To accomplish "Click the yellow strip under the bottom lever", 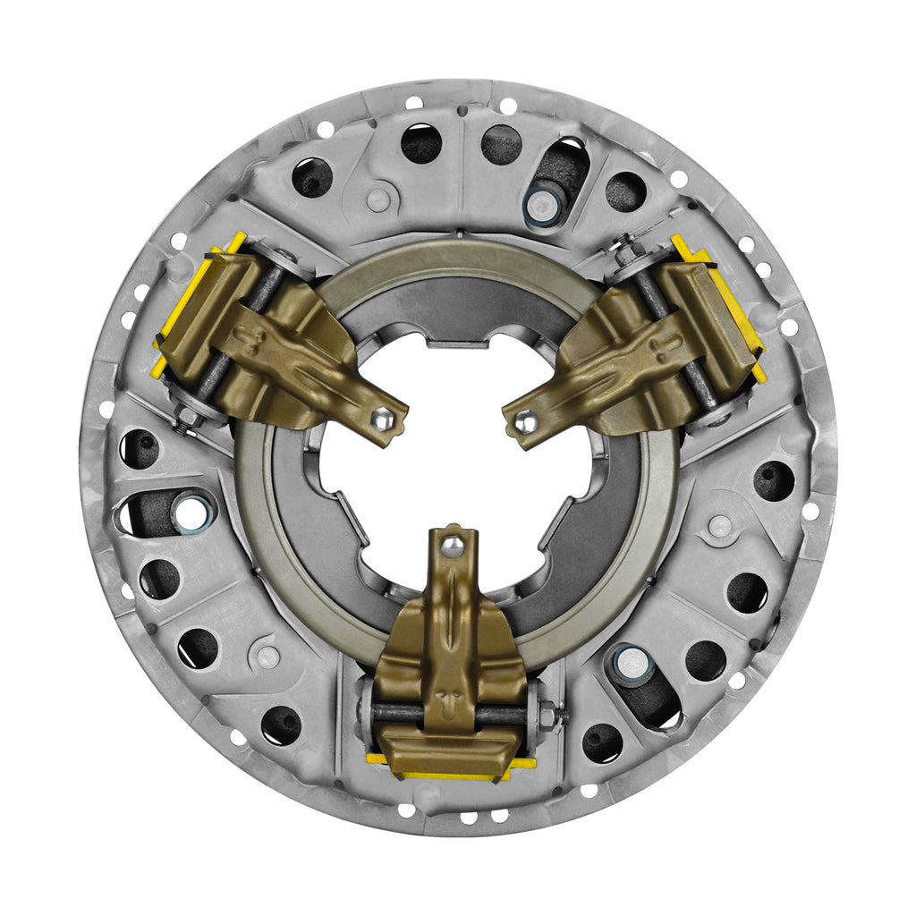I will point(452,767).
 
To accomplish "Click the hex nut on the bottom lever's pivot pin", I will point(548,716).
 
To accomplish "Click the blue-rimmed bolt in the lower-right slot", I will point(632,662).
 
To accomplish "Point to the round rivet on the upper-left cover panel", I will point(378,199).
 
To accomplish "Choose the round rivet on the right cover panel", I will point(719,526).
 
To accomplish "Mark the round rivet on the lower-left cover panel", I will point(267,656).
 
